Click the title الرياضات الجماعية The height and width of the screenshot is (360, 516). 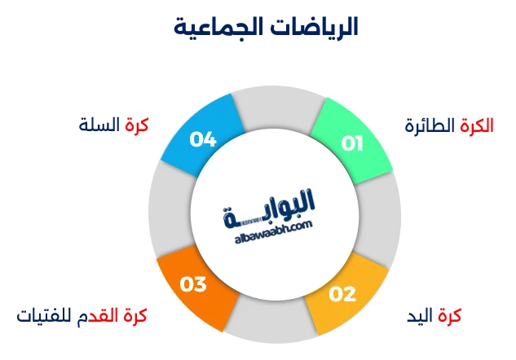point(266,28)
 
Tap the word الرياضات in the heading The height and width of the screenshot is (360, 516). point(313,28)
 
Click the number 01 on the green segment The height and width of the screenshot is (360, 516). point(352,143)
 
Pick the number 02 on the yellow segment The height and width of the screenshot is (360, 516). point(342,293)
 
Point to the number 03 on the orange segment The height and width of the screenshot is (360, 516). point(193,285)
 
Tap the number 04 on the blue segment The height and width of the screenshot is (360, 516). point(202,139)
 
